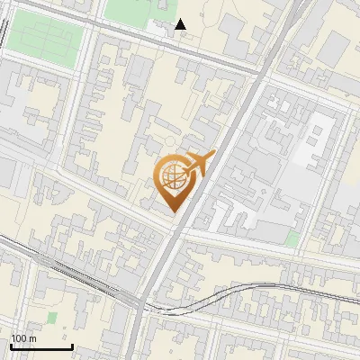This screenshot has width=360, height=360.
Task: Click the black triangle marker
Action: coord(182,24)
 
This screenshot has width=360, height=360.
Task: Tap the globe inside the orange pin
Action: coord(171,177)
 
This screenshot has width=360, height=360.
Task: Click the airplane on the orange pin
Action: coord(198,163)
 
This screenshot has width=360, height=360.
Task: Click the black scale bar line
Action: coord(40,346)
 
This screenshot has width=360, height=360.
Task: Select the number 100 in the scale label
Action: coord(17,338)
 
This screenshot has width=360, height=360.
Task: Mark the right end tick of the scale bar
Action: coord(71,345)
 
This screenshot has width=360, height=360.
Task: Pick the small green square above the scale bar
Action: coord(52,318)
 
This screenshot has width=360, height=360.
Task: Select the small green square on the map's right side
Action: coord(292,238)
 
